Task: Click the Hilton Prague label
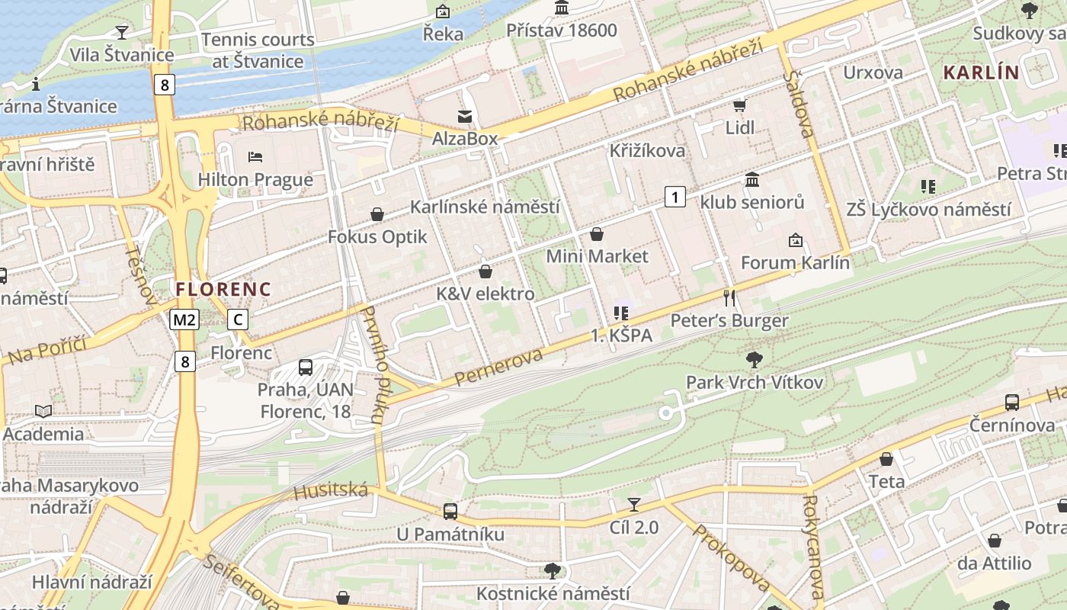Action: click(255, 180)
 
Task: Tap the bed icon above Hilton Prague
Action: click(255, 157)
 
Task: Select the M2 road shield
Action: click(184, 319)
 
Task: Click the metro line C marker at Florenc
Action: click(238, 319)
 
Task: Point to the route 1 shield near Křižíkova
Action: click(674, 197)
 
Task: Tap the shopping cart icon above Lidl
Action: click(739, 105)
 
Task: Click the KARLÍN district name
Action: click(981, 73)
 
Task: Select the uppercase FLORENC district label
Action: click(223, 290)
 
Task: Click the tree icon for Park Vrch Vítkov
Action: click(755, 359)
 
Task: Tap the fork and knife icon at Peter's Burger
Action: click(729, 297)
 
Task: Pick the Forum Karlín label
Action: click(795, 263)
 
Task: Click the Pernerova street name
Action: click(498, 367)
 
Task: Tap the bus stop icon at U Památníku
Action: click(450, 512)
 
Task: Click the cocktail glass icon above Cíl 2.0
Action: click(633, 504)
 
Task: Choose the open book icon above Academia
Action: click(43, 412)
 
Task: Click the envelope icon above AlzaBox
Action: click(464, 117)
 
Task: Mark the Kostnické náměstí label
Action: click(553, 593)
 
